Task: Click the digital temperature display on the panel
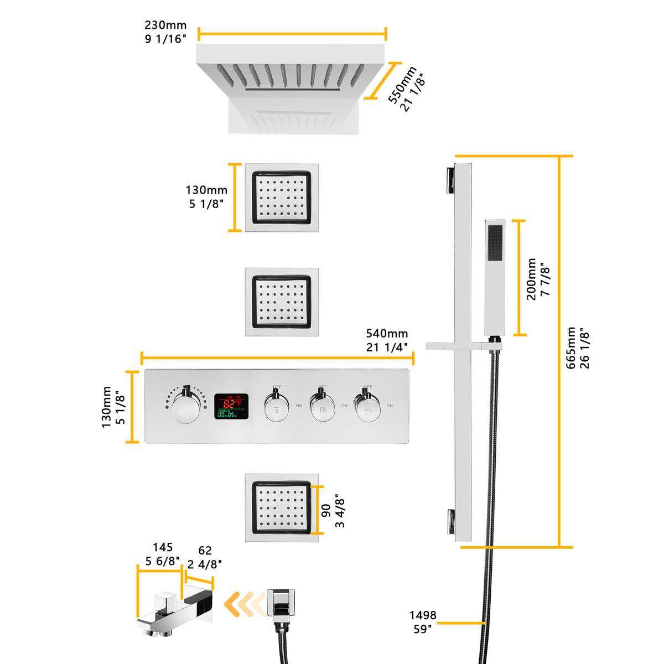point(231,406)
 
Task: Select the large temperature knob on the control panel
point(185,409)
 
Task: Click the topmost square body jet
point(282,198)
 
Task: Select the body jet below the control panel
point(282,507)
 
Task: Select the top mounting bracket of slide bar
point(449,179)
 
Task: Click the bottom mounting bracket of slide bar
point(452,521)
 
